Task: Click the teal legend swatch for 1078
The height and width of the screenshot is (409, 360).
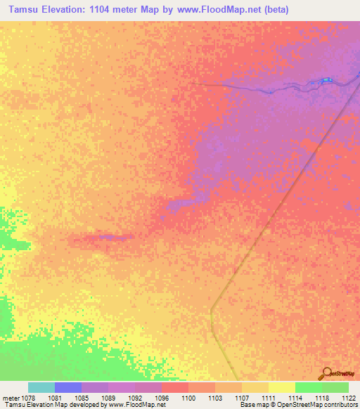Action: click(41, 387)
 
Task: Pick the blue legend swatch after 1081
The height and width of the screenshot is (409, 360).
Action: click(68, 387)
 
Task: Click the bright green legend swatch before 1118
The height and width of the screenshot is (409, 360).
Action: click(308, 387)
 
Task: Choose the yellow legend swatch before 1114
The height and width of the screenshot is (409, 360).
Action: click(281, 387)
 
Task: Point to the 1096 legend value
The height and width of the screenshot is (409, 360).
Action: click(162, 398)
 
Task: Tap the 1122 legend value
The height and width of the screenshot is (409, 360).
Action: click(349, 398)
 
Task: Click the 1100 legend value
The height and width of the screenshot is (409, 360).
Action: click(188, 398)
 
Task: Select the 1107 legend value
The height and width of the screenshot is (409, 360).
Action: click(242, 398)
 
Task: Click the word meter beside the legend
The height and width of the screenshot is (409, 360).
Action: click(11, 398)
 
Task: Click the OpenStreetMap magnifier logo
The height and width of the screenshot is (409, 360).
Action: click(327, 373)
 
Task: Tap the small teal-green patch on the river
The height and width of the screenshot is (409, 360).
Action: click(326, 82)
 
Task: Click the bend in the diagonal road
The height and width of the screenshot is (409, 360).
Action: click(212, 309)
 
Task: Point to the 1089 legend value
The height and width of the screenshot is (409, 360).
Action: click(108, 398)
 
